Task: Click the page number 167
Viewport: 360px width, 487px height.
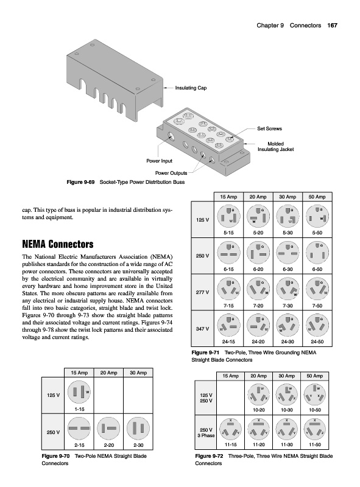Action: [332, 26]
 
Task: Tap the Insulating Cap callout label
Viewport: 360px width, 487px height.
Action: [191, 88]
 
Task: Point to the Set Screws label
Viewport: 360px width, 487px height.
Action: [269, 128]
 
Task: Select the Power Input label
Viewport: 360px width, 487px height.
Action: [159, 161]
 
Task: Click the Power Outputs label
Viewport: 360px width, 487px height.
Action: [171, 173]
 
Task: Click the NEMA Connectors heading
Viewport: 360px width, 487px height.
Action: [58, 244]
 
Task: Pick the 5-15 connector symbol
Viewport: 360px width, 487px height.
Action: [228, 216]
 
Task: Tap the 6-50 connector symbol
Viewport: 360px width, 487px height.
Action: [317, 253]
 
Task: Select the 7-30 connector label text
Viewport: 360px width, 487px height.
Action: [288, 306]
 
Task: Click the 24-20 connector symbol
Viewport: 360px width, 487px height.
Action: [258, 325]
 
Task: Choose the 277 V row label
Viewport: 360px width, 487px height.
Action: [202, 292]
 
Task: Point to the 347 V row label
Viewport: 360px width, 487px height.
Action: [202, 329]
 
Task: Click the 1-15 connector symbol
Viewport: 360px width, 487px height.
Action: [79, 392]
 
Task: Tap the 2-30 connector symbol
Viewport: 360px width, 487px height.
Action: [138, 429]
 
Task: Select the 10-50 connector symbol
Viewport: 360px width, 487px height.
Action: [314, 395]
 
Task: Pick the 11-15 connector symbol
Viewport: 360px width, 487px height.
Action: [230, 429]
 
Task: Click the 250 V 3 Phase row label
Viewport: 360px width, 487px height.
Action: [206, 433]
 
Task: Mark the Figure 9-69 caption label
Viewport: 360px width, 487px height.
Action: [80, 182]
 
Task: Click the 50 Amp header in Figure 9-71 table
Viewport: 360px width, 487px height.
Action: [317, 197]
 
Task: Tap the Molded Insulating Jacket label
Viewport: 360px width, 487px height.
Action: [275, 147]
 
